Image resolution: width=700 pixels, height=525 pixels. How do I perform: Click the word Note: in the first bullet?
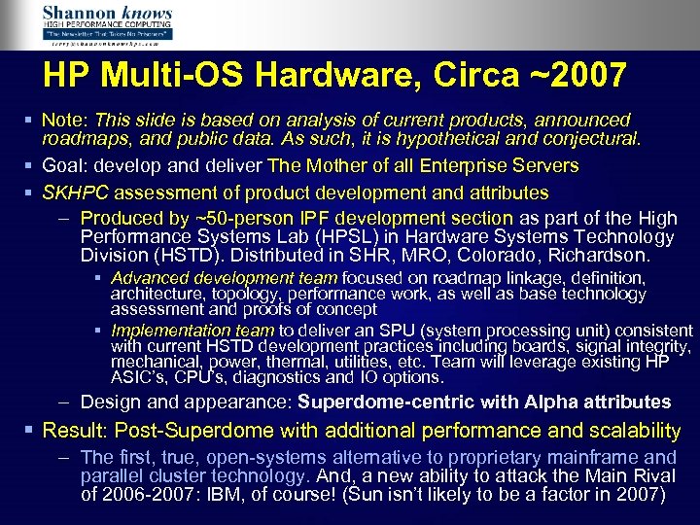(65, 120)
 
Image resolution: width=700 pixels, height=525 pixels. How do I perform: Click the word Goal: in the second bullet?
(65, 166)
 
